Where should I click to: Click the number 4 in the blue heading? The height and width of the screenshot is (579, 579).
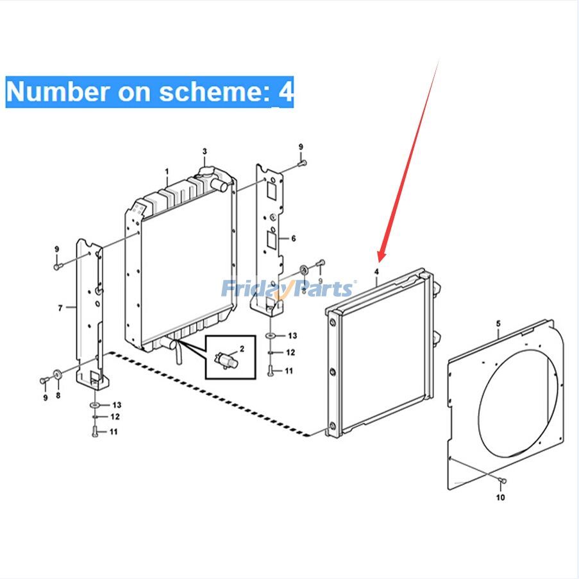tap(285, 92)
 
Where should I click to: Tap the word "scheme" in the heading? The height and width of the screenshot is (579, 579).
tap(213, 92)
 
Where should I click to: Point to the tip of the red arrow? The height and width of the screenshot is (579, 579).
tap(380, 260)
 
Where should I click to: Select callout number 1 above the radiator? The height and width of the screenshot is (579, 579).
tap(167, 172)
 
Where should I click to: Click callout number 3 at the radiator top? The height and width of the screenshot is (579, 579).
tap(205, 151)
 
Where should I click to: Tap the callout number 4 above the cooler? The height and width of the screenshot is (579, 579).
tap(377, 272)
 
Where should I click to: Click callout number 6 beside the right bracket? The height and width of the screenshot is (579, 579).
tap(293, 238)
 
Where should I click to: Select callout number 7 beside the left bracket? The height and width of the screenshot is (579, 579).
tap(60, 308)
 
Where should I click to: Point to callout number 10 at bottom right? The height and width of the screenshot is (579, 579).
tap(500, 497)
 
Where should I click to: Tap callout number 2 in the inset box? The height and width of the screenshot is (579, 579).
tap(242, 349)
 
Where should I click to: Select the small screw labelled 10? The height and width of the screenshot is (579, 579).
tap(504, 481)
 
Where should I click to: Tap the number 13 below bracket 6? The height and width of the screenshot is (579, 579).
tap(292, 336)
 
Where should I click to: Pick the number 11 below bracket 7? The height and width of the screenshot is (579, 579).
tap(113, 431)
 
